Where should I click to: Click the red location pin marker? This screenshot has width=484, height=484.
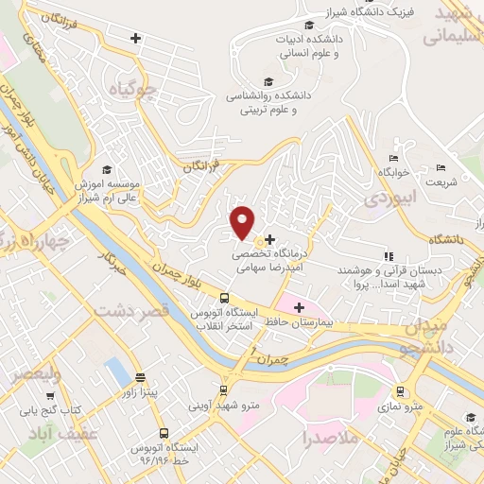coord(243,221)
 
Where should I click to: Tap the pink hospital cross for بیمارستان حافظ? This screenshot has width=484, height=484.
coord(300,307)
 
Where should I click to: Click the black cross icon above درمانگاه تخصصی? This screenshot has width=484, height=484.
coord(270,239)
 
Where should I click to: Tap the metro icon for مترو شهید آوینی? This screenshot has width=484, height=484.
coord(223,389)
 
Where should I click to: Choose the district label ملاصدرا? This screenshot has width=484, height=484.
coord(329,440)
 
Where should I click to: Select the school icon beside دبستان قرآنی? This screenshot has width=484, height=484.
coord(388,256)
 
